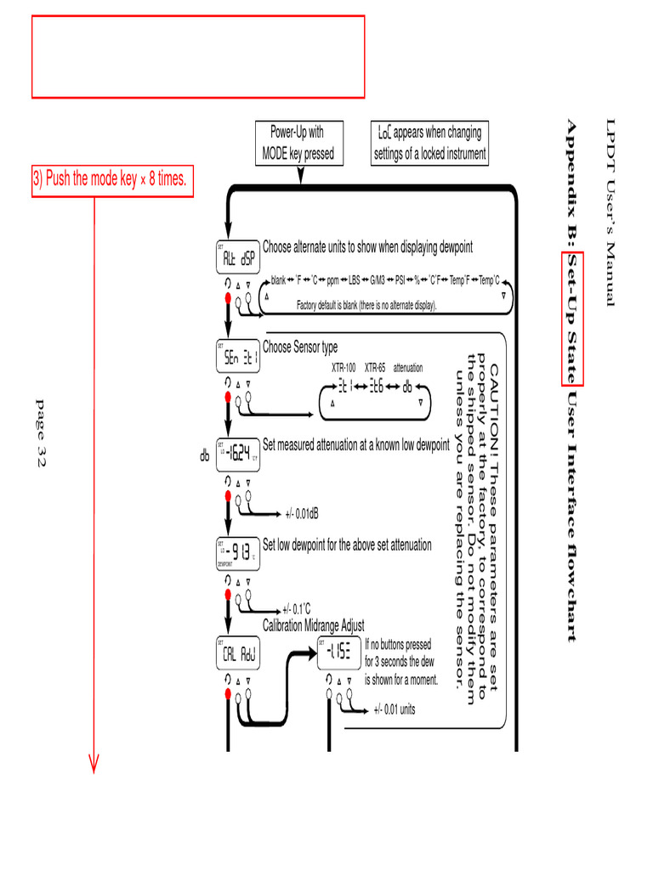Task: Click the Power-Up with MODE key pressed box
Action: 297,143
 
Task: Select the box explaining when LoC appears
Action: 430,143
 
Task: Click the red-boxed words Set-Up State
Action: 572,318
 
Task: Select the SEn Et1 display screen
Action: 237,357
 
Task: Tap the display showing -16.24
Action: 238,455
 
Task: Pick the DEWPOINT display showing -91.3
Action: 237,554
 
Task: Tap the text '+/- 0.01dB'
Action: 303,513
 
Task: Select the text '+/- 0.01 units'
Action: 395,709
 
